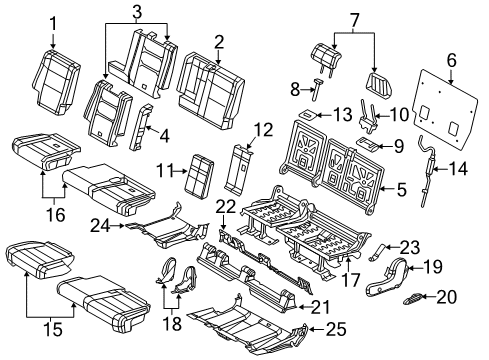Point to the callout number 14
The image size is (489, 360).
tap(459, 169)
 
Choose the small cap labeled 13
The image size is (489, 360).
tap(309, 116)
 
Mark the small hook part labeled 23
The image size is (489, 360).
tap(381, 252)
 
